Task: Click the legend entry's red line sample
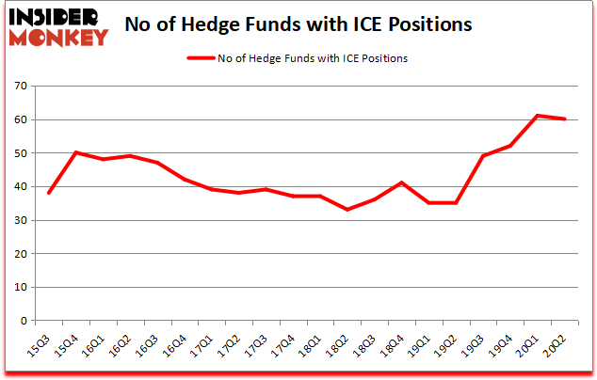[x=208, y=57]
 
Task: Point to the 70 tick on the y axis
[x=22, y=87]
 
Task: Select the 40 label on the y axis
[x=22, y=187]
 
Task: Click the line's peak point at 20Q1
[x=537, y=116]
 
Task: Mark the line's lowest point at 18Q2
[x=347, y=209]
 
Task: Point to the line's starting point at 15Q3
[x=48, y=193]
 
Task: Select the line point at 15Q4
[x=75, y=152]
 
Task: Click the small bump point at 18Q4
[x=401, y=182]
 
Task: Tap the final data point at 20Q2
[x=564, y=119]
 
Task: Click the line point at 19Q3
[x=482, y=156]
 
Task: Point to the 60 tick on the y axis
[x=22, y=120]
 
